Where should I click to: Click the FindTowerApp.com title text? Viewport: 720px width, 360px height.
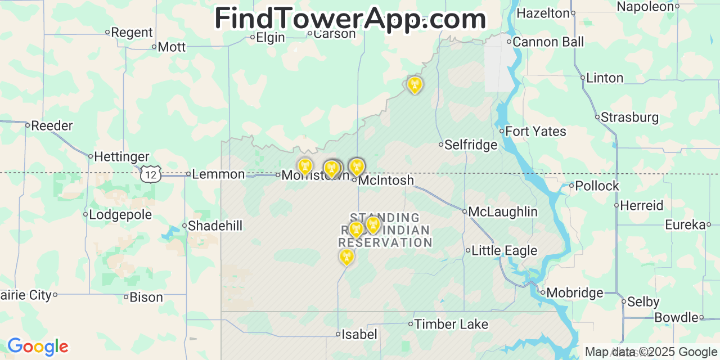tap(350, 19)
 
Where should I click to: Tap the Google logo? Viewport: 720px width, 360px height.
tap(37, 346)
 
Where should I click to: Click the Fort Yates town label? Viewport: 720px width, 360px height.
tap(535, 132)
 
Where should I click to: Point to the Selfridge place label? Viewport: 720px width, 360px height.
tap(471, 145)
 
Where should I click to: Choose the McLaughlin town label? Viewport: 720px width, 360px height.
tap(503, 212)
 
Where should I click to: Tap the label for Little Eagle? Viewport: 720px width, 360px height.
tap(504, 251)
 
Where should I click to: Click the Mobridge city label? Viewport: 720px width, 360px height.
tap(574, 293)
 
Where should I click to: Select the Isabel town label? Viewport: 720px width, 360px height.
tap(359, 335)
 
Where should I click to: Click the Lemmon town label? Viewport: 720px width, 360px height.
tap(218, 174)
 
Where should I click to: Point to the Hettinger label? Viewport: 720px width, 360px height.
tap(121, 157)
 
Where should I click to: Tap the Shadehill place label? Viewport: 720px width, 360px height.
tap(215, 226)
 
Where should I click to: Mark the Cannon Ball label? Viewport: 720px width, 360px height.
tap(548, 42)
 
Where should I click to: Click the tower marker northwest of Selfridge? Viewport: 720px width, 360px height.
tap(415, 85)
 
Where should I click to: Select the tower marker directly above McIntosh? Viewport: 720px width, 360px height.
tap(356, 166)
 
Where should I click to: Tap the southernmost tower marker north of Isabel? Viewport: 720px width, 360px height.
tap(346, 257)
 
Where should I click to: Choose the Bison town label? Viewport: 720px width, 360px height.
tap(146, 298)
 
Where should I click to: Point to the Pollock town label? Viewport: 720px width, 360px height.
tap(597, 186)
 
